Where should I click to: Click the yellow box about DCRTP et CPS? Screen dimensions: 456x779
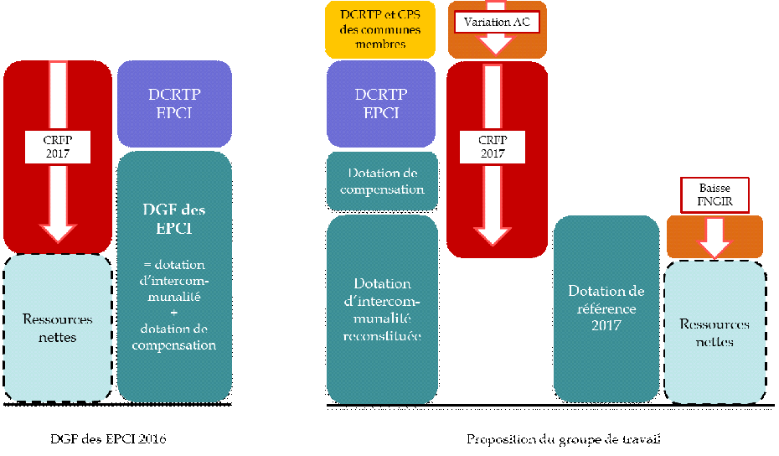pyautogui.click(x=381, y=30)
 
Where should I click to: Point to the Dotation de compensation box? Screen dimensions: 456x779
pyautogui.click(x=382, y=181)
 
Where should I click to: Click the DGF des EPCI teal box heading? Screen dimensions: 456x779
pyautogui.click(x=174, y=217)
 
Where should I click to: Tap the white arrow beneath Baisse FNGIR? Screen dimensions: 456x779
pyautogui.click(x=715, y=237)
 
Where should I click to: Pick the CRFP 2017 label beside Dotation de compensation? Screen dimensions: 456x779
pyautogui.click(x=493, y=147)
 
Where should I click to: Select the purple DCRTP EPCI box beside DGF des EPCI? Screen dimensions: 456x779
pyautogui.click(x=174, y=103)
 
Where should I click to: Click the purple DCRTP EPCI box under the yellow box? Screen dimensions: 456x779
pyautogui.click(x=382, y=103)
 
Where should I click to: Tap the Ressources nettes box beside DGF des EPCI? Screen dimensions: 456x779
pyautogui.click(x=57, y=327)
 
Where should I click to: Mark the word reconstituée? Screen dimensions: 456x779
pyautogui.click(x=382, y=335)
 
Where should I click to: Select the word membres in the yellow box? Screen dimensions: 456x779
pyautogui.click(x=381, y=44)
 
